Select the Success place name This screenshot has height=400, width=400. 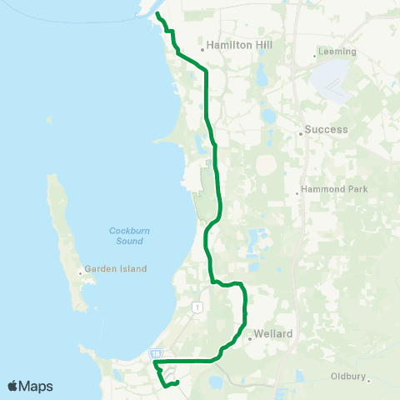[326, 130]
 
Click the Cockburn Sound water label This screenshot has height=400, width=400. [126, 236]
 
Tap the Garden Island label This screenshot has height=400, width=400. [117, 269]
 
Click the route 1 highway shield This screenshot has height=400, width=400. [197, 307]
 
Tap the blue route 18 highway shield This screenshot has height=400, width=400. [156, 353]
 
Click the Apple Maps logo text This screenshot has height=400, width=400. [31, 386]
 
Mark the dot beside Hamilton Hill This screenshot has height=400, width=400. [202, 49]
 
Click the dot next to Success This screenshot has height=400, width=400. [300, 132]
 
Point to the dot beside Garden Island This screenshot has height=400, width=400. [81, 272]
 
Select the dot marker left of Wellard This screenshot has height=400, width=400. [249, 337]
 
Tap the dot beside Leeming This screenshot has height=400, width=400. [314, 57]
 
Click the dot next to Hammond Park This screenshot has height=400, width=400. [297, 194]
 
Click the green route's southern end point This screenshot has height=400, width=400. [177, 382]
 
